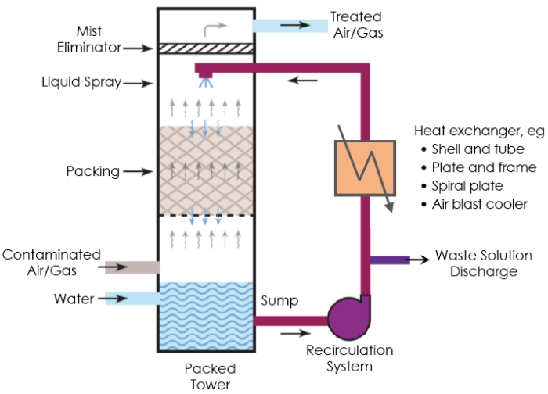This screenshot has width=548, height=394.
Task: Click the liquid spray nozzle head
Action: click(206, 74)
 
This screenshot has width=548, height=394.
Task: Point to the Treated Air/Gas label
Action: click(355, 24)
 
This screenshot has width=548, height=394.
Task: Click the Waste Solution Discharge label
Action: click(483, 263)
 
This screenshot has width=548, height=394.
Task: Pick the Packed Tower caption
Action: click(210, 376)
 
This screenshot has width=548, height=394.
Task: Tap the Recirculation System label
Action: click(349, 357)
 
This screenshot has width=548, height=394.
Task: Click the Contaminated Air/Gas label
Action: click(51, 262)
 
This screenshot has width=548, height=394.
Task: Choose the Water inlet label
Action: click(74, 299)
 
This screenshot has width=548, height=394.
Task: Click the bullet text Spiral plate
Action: click(467, 186)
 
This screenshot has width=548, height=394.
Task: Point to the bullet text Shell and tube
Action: click(478, 149)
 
